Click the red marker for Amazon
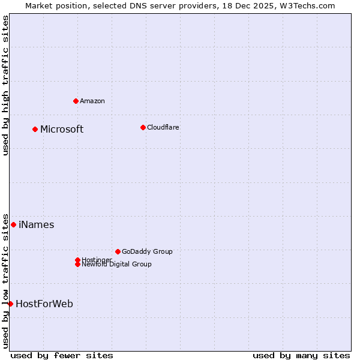[x=76, y=101]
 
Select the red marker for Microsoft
[x=35, y=129]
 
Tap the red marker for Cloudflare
[x=143, y=127]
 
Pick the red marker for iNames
[x=13, y=224]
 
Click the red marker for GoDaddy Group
[x=118, y=251]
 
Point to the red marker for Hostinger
[x=77, y=260]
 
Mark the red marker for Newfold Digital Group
[x=77, y=264]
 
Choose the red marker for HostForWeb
[x=10, y=304]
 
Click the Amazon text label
[x=92, y=101]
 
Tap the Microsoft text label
[x=62, y=129]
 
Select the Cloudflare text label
[x=163, y=127]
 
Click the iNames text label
[x=37, y=224]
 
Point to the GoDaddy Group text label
[x=147, y=251]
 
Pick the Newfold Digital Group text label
[x=116, y=265]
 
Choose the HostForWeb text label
[x=44, y=304]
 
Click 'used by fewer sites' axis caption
[x=62, y=355]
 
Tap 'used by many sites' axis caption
[x=301, y=355]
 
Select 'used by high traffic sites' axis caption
[x=5, y=85]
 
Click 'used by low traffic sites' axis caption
[x=5, y=280]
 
